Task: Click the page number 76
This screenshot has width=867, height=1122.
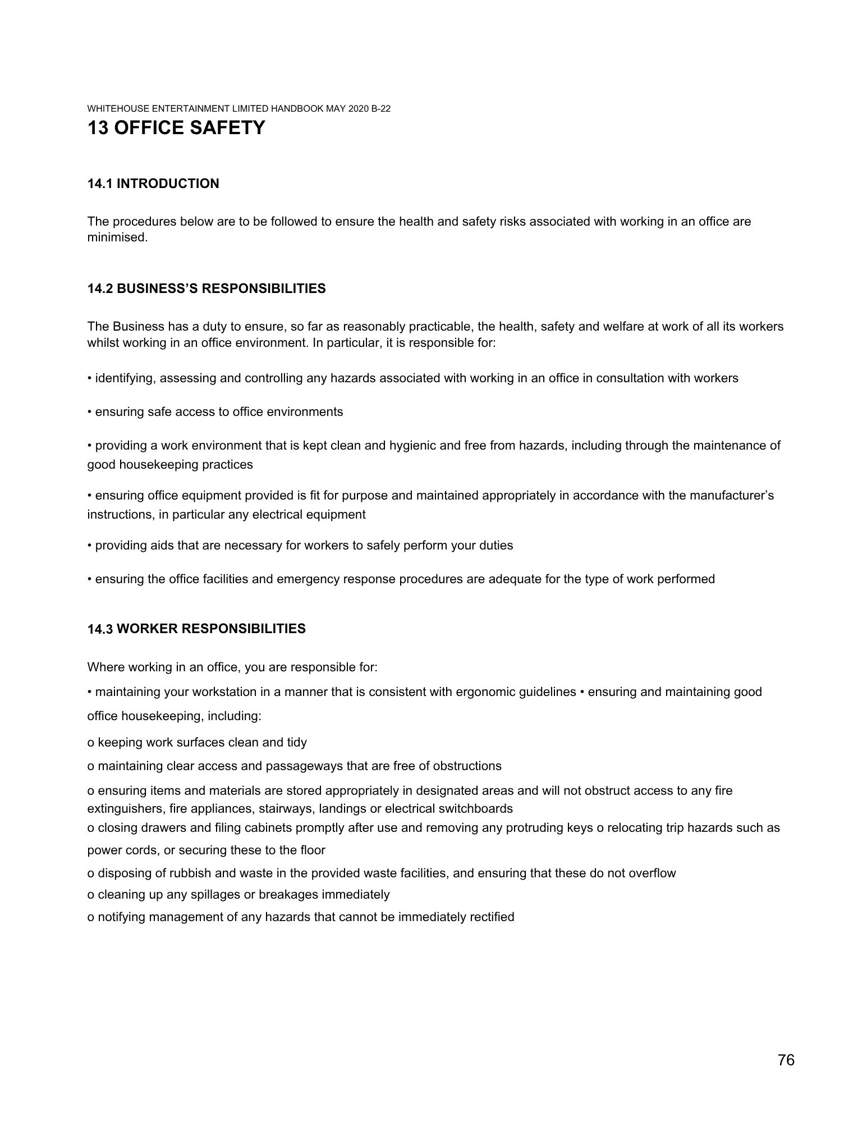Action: click(786, 1060)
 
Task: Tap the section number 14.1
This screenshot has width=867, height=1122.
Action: click(100, 184)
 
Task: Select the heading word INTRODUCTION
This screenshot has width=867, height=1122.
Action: click(168, 184)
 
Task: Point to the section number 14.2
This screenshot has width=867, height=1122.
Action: click(100, 288)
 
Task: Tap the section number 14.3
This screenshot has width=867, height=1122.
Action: click(100, 629)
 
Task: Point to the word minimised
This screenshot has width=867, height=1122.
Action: click(117, 237)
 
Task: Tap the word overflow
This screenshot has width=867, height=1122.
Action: click(652, 873)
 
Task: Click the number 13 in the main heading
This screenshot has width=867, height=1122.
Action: click(98, 128)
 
